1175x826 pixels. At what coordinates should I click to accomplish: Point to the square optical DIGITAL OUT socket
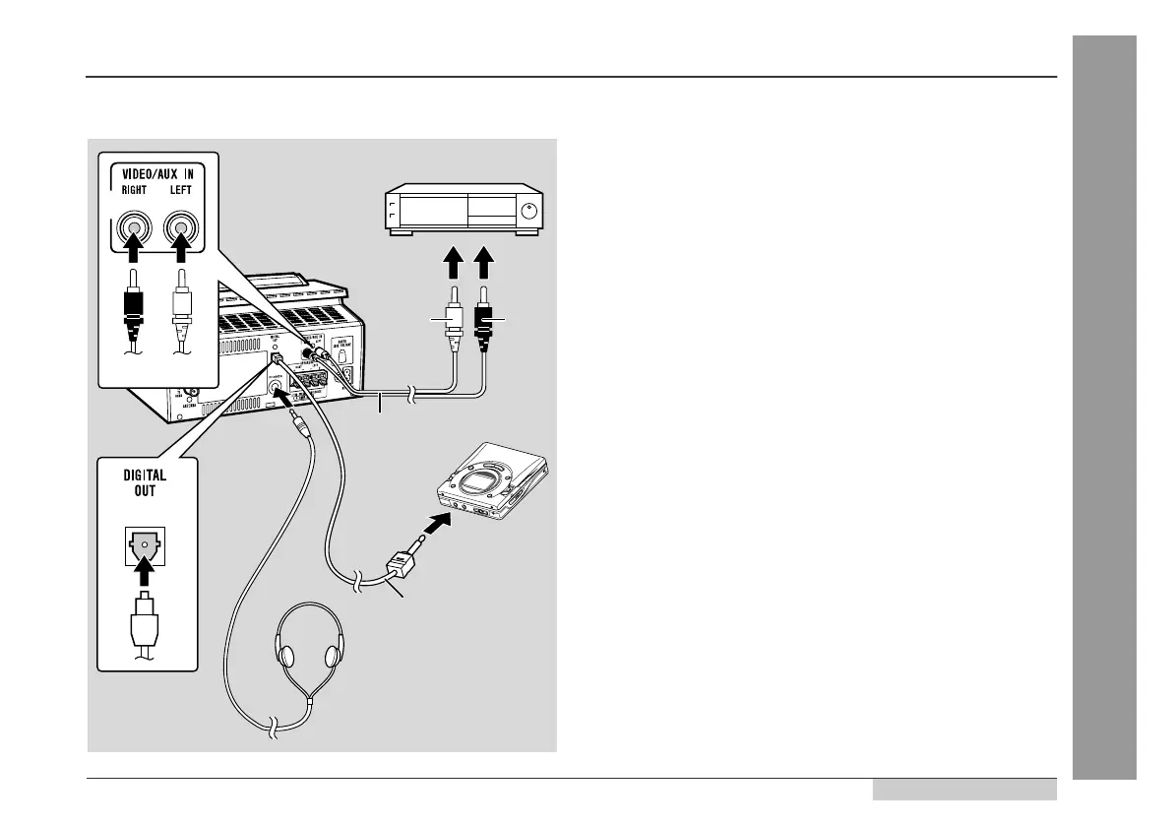pos(143,547)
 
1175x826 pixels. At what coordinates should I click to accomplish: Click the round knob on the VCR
pos(529,211)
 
